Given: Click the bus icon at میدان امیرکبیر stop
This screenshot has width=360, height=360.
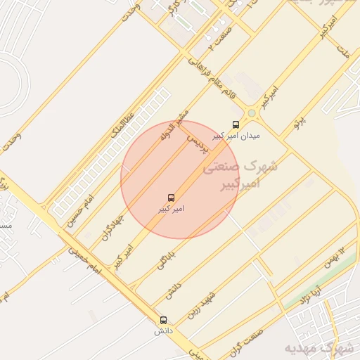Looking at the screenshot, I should point(235,124).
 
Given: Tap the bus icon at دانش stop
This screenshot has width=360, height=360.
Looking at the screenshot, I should point(163,320).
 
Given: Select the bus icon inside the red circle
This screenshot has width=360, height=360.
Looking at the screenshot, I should point(171,198).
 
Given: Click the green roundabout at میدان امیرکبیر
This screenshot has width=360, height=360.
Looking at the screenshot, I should point(251,112).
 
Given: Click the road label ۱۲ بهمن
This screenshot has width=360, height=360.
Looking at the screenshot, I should point(335,257).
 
